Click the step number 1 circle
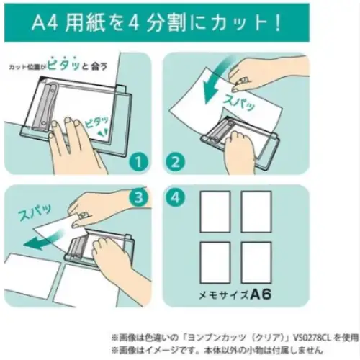(138, 163)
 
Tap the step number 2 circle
(176, 163)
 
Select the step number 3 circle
(139, 197)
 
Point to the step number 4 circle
(176, 198)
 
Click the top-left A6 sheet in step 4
(215, 212)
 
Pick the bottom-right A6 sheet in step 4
(256, 262)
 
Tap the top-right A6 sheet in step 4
(256, 212)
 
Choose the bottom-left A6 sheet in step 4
(215, 262)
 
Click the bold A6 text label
(261, 294)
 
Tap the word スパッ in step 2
(238, 103)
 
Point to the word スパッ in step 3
(35, 212)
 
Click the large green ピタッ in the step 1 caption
(63, 64)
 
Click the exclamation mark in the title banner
(278, 24)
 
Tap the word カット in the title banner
(238, 24)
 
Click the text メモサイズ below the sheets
(224, 295)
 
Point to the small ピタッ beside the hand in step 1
(96, 122)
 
